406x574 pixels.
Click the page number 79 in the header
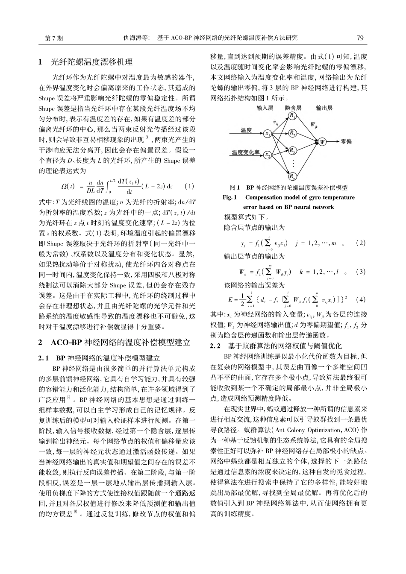click(360, 38)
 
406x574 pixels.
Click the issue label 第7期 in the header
click(54, 38)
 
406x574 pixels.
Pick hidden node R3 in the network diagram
click(292, 150)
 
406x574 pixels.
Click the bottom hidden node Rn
click(292, 176)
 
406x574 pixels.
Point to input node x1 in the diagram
click(268, 134)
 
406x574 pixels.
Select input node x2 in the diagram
click(268, 154)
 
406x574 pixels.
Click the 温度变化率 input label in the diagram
click(246, 152)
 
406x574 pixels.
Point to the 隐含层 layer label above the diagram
click(293, 108)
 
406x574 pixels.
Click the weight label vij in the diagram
click(276, 122)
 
